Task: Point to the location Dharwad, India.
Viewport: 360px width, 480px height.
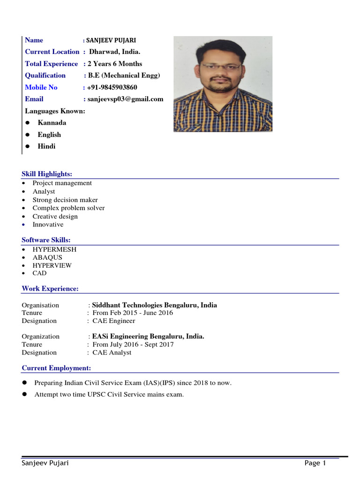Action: coord(114,52)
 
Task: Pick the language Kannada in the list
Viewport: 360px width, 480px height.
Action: coord(52,123)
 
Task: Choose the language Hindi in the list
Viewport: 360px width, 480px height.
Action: coord(46,146)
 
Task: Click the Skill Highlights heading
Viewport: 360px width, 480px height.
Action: coord(47,174)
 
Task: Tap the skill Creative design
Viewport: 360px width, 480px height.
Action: coord(55,217)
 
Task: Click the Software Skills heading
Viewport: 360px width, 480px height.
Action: coord(46,240)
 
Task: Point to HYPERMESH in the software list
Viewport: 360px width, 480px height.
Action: coord(54,249)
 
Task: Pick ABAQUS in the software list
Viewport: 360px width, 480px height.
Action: coord(47,257)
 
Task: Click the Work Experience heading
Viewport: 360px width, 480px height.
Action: coord(50,289)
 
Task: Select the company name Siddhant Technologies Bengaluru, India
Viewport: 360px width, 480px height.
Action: coord(154,305)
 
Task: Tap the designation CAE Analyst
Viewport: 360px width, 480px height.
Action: coord(112,352)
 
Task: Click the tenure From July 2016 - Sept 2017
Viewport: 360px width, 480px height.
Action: coord(133,345)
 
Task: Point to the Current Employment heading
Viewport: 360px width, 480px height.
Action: coord(56,368)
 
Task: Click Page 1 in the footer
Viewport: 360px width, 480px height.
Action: coord(315,463)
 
